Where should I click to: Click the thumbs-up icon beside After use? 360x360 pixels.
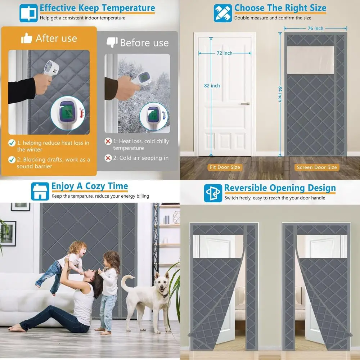click(x=27, y=39)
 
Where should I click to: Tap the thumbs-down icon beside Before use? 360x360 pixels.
click(x=112, y=42)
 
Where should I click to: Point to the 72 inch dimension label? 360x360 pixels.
click(x=224, y=53)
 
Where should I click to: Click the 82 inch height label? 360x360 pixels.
click(x=212, y=86)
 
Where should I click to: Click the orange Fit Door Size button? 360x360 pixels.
click(x=225, y=167)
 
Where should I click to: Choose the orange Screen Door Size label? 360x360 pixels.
click(x=317, y=167)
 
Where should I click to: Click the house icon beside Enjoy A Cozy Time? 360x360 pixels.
click(x=40, y=191)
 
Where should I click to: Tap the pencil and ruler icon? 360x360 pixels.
click(x=223, y=13)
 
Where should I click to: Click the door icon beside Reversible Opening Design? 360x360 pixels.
click(x=213, y=193)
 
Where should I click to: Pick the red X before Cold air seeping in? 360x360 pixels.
click(x=108, y=158)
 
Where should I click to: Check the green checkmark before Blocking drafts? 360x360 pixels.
click(x=12, y=159)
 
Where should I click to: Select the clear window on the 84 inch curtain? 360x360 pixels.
click(x=310, y=59)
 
